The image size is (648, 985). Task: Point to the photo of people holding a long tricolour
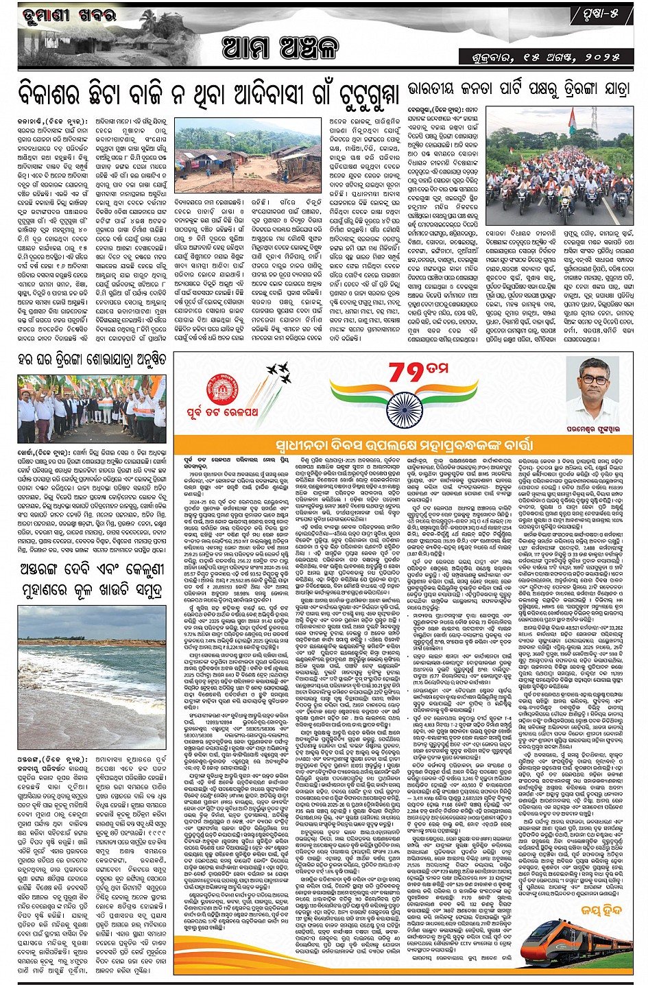91,408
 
